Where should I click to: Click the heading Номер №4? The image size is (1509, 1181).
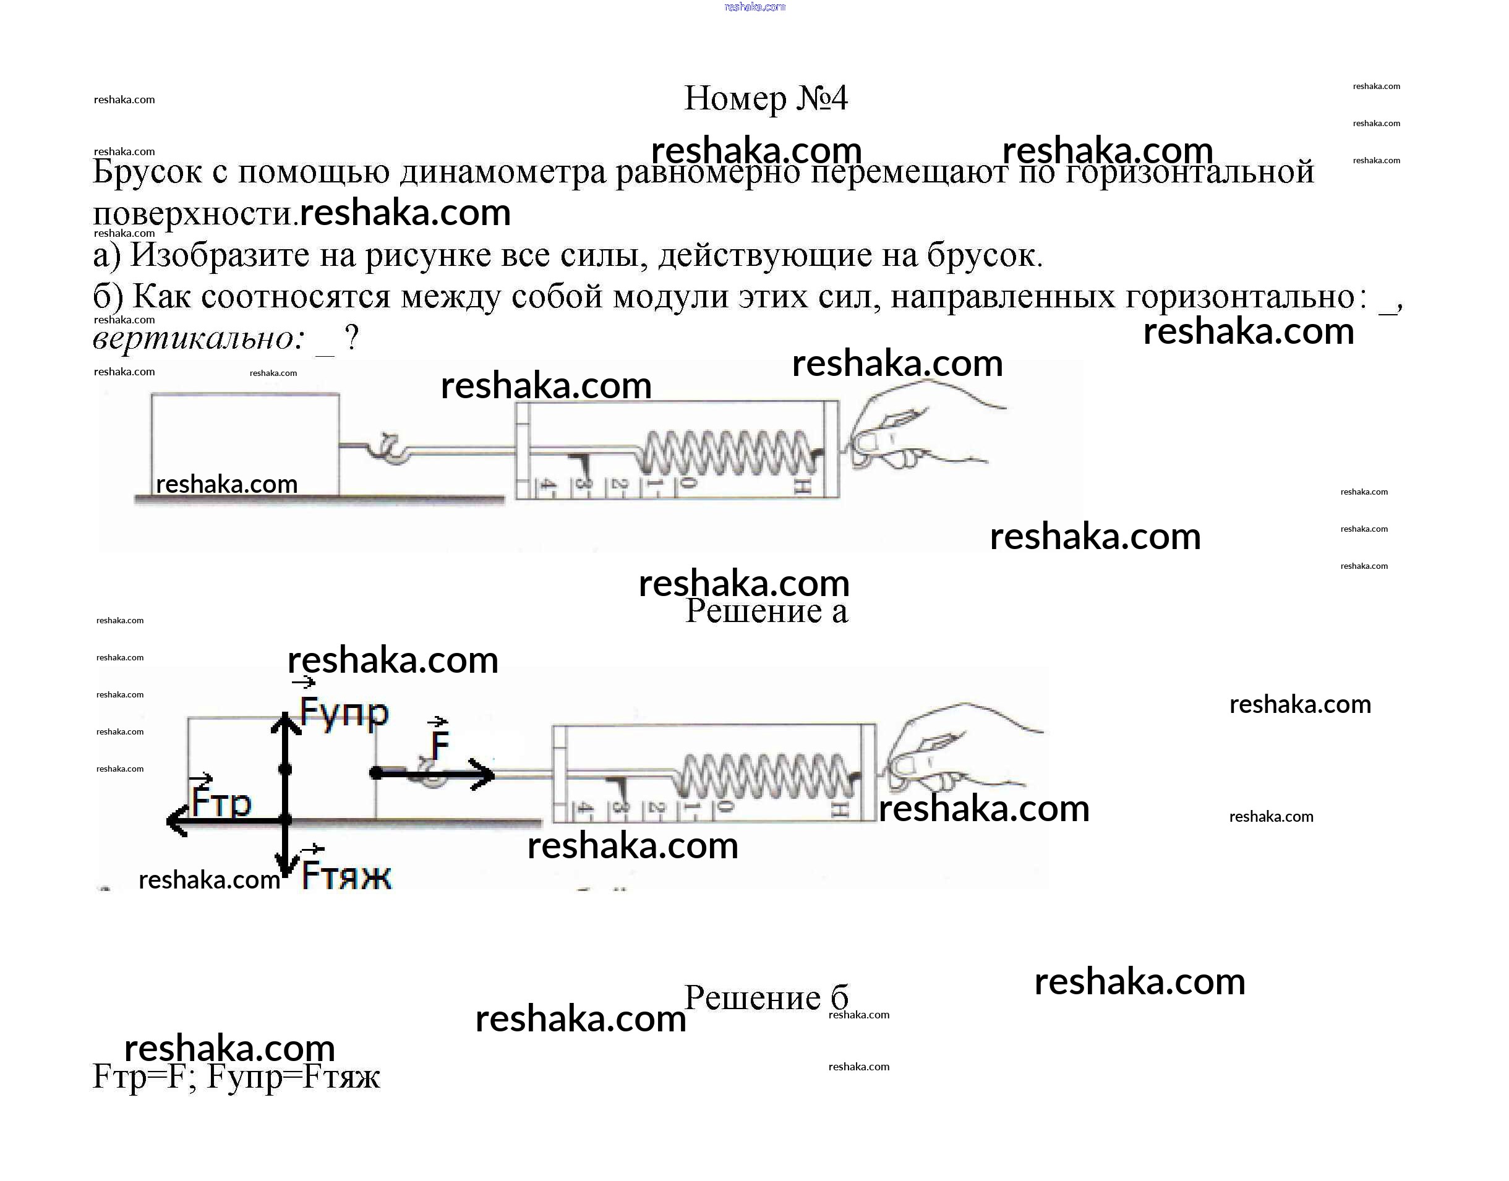(765, 98)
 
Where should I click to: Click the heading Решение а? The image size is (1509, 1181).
(766, 610)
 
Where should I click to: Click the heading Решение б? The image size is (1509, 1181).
(766, 998)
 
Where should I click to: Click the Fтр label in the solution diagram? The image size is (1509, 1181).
(221, 801)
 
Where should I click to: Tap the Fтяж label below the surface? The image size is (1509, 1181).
(346, 876)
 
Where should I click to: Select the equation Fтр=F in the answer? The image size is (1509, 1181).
(135, 1077)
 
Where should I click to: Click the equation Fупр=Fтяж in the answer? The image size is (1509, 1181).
(293, 1077)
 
